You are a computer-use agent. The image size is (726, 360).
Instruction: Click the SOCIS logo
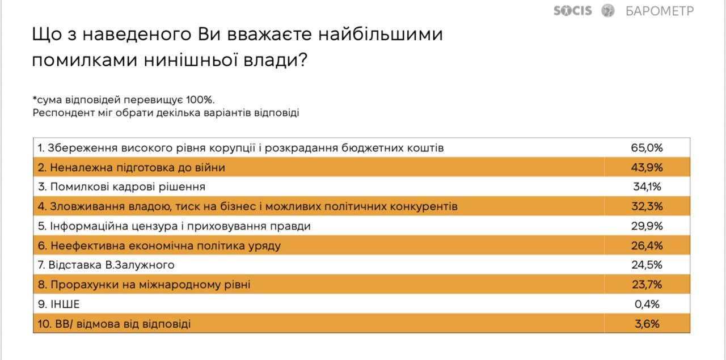572,11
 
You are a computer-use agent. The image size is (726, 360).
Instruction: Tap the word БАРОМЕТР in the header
660,11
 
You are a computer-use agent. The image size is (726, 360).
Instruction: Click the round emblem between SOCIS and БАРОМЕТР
607,11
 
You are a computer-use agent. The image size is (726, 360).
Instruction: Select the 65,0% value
647,148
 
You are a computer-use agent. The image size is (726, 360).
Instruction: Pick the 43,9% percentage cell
647,167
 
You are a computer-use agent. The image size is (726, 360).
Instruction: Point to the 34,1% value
647,187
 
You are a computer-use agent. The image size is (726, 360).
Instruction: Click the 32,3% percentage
647,206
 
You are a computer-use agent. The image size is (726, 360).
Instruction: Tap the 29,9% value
647,226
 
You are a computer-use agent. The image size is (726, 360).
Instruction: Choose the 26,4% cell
647,245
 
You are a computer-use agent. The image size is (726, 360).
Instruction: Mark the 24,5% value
647,265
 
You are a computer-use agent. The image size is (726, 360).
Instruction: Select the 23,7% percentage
647,285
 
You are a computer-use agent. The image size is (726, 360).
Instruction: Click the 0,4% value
647,304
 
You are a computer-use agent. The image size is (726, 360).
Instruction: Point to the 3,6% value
647,324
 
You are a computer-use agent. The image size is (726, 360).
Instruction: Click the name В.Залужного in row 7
140,265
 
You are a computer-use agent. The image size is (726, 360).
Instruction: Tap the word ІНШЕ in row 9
65,304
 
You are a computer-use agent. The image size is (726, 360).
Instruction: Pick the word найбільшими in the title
381,34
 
